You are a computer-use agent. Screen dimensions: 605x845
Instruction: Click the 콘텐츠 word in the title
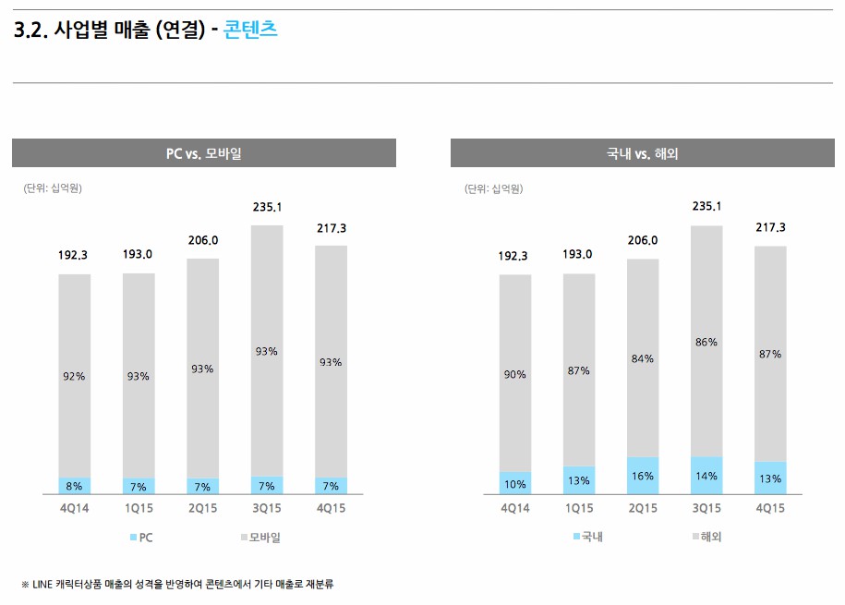pos(250,30)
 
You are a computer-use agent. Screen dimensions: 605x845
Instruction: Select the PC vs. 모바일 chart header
pos(203,153)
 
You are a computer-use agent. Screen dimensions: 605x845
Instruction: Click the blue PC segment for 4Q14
pos(75,486)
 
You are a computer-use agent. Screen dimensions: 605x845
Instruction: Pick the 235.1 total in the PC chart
pos(267,207)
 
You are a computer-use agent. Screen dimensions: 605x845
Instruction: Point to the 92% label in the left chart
pos(75,376)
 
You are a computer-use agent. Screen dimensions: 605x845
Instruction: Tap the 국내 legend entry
pos(587,537)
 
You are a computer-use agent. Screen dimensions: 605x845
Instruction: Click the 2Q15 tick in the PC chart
pos(203,509)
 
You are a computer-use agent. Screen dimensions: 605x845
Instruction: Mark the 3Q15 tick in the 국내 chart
pos(706,509)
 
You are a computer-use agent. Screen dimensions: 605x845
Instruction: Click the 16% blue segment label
pos(643,477)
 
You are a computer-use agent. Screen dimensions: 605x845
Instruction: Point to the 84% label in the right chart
pos(643,358)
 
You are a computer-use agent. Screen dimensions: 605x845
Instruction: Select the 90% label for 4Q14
pos(515,374)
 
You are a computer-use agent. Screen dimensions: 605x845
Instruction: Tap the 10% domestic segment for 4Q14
pos(515,484)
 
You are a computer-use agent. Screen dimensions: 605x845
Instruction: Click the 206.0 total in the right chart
pos(643,240)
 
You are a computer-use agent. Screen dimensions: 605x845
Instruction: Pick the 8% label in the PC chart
pos(75,486)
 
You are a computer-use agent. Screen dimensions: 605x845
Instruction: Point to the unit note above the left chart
pos(53,188)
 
